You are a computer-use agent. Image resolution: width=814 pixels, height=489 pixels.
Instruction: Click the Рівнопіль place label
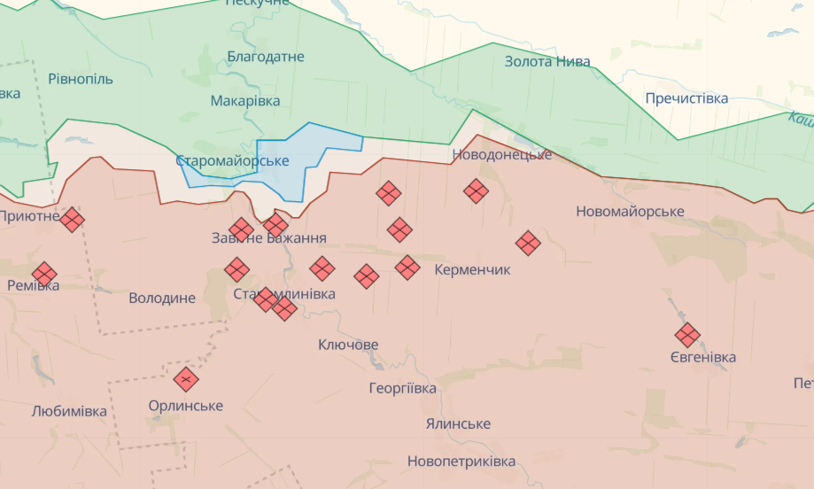pos(81,79)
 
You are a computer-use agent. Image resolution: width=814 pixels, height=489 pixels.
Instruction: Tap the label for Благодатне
pos(266,57)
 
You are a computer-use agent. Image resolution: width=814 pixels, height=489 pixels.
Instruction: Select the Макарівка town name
pos(245,101)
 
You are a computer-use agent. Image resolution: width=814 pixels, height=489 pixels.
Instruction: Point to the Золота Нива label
pos(547,62)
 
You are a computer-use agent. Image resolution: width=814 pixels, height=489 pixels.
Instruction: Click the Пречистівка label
pos(686,98)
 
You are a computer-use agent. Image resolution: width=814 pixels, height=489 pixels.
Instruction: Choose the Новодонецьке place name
pos(502,155)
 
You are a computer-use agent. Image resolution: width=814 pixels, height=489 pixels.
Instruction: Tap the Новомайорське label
pos(630,212)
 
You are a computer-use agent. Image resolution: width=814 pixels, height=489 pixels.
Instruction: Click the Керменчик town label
pos(473,269)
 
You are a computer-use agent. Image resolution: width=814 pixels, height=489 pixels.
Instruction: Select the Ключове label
pos(348,345)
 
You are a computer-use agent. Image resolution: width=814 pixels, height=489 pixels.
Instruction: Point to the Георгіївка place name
pos(403,389)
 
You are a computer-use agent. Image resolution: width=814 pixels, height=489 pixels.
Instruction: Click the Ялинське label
pos(457,424)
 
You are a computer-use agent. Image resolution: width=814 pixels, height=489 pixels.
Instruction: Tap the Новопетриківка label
pos(461,462)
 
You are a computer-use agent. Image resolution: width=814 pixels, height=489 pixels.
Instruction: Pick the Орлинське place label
pos(186,406)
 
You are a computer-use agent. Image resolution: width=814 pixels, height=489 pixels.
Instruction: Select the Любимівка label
pos(69,411)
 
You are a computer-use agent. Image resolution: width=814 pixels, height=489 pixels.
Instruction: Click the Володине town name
pos(162,299)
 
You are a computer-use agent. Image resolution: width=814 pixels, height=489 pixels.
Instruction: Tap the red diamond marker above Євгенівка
pos(687,335)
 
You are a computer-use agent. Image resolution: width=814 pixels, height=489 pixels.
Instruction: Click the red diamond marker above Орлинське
pos(186,379)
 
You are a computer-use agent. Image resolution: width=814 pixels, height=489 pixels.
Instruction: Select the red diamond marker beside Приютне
pos(73,219)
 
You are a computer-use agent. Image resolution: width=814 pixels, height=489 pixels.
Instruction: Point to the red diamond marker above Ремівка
pos(44,274)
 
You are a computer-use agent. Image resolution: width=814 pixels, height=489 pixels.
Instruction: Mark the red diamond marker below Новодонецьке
pos(477,190)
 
